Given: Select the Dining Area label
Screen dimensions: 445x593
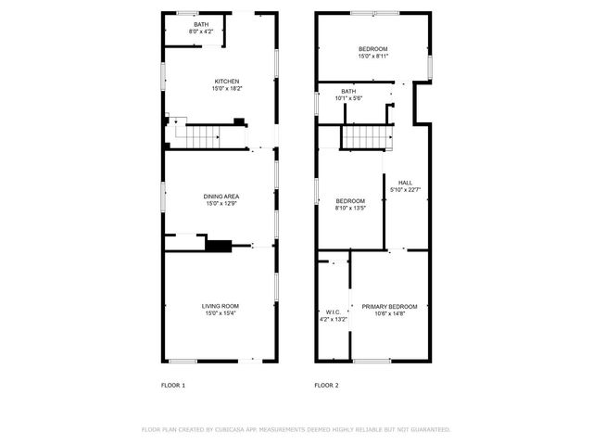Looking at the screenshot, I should (x=221, y=196).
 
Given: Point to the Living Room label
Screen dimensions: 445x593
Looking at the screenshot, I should (x=221, y=306).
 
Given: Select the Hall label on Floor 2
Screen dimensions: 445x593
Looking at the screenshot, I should (x=405, y=182).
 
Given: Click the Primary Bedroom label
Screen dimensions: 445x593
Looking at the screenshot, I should (x=389, y=306).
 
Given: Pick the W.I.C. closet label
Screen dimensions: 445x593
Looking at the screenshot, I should (x=334, y=311).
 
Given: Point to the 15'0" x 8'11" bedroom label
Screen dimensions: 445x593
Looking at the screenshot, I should (x=373, y=48).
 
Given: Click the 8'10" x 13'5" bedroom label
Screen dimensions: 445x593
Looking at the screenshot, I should (x=350, y=201).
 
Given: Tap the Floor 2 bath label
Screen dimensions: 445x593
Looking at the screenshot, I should (x=347, y=91).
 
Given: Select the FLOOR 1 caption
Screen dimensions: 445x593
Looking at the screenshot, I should (x=173, y=385).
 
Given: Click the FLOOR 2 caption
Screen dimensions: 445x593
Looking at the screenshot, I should (x=326, y=385).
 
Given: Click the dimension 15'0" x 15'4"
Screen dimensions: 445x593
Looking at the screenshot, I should (x=221, y=313).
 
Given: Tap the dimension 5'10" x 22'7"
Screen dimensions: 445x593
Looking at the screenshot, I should (x=405, y=189).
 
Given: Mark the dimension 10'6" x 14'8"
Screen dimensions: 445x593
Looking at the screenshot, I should (x=389, y=313).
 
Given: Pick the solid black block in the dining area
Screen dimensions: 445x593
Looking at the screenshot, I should (x=219, y=246).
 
